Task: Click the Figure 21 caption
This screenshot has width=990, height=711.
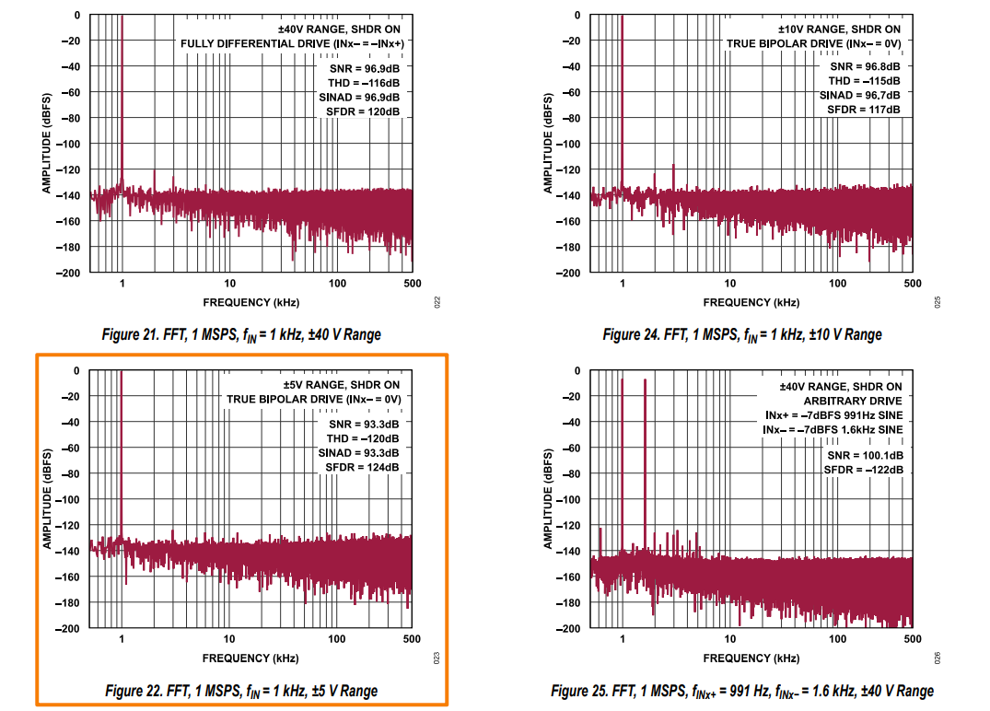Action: click(241, 334)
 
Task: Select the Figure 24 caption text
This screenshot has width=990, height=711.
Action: click(741, 334)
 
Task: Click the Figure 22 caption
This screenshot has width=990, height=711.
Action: click(241, 691)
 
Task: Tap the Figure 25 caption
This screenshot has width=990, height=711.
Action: click(742, 691)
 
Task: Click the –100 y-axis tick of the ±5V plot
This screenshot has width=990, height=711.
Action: click(70, 500)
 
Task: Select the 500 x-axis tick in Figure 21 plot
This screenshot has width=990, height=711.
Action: click(412, 284)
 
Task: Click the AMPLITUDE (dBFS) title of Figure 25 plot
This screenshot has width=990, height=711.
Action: click(548, 499)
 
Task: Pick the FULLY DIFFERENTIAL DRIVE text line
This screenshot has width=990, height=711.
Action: click(292, 43)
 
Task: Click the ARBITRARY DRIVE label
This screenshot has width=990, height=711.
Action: click(853, 402)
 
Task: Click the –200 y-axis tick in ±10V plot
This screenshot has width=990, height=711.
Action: click(570, 274)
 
